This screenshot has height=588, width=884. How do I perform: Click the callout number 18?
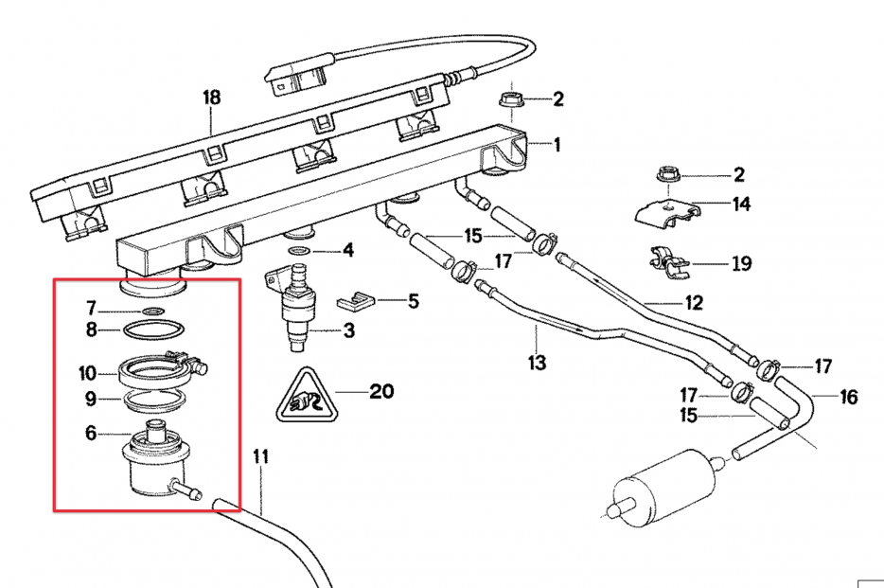pyautogui.click(x=211, y=97)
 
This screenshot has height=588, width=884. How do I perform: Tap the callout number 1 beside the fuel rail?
pyautogui.click(x=557, y=145)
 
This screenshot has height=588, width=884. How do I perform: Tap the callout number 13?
pyautogui.click(x=537, y=362)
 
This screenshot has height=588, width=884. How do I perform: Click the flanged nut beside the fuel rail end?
pyautogui.click(x=507, y=98)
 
